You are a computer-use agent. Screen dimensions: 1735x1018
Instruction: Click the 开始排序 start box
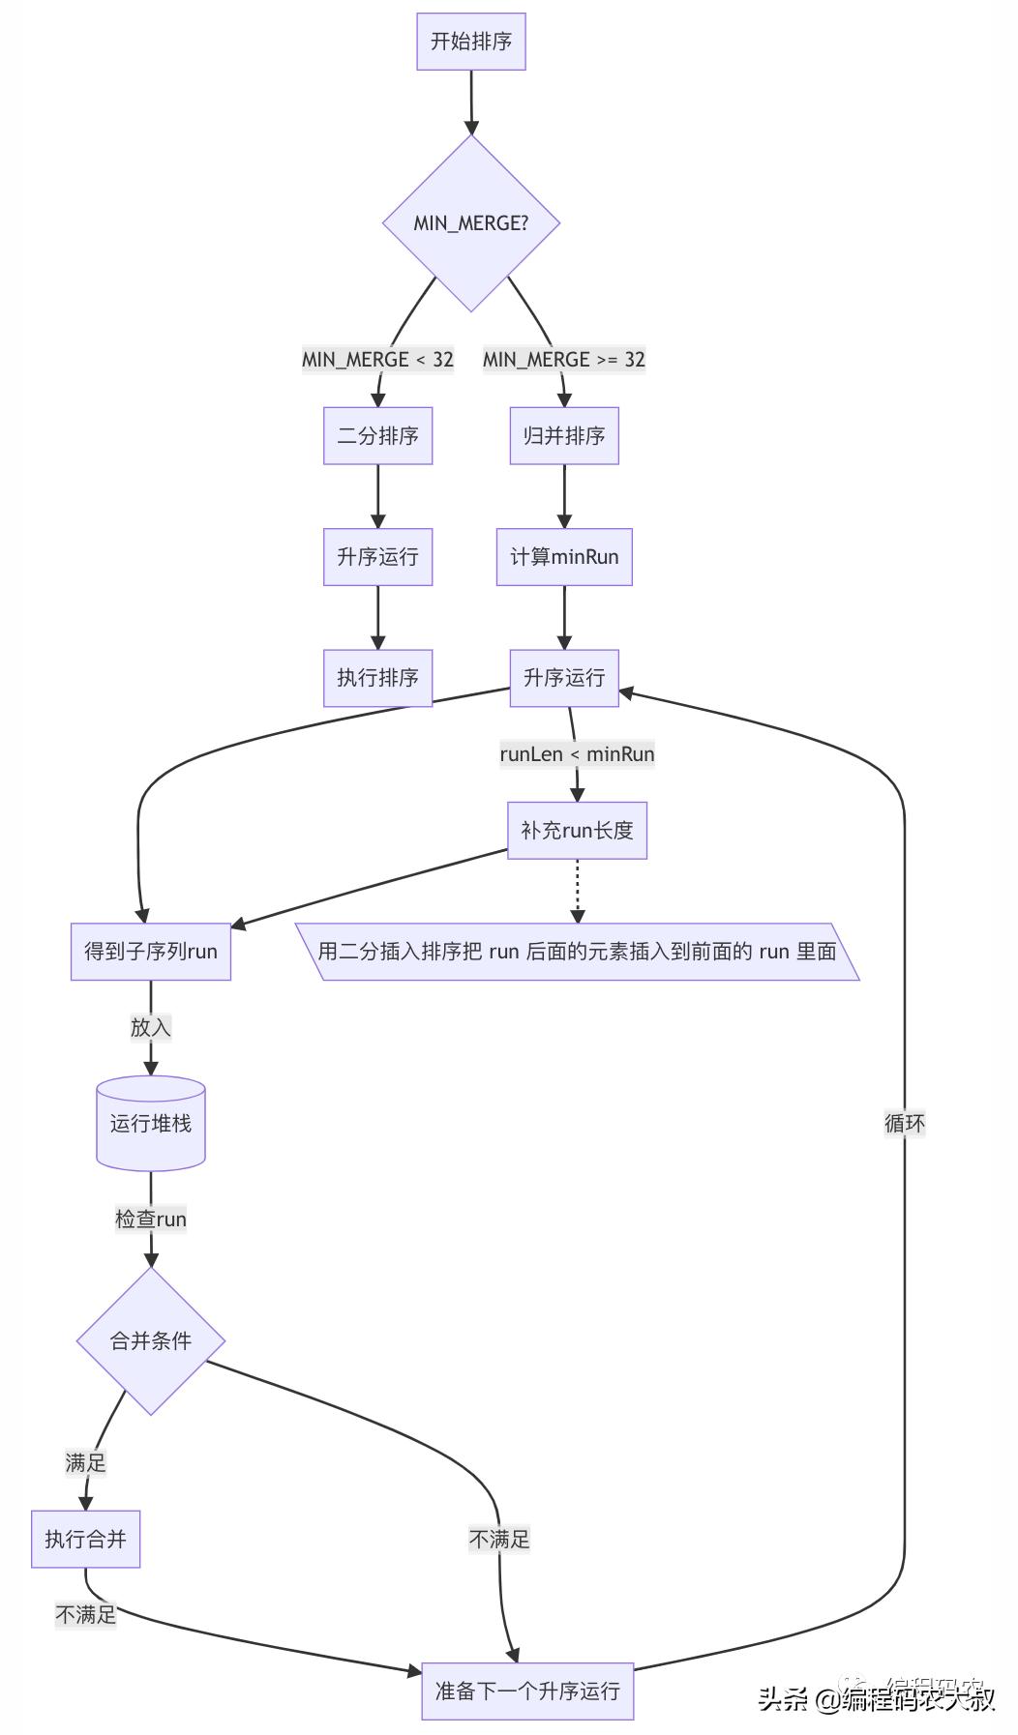[470, 42]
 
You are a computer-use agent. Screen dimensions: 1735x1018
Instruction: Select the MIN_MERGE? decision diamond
[470, 223]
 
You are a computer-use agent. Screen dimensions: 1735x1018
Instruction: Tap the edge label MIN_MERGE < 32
[377, 360]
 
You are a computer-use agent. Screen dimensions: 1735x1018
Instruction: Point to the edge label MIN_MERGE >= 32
[563, 360]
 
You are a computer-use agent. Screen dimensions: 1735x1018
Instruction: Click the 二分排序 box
[377, 436]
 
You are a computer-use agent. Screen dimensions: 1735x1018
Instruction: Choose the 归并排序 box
[564, 436]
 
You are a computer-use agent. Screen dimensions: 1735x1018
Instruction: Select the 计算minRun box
[564, 557]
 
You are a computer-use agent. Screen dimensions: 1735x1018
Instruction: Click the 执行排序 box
[377, 678]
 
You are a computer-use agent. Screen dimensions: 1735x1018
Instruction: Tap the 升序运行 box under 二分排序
[377, 557]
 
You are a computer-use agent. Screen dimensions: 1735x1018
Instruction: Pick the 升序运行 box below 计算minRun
[564, 678]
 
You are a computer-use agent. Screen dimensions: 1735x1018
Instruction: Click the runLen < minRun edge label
[577, 754]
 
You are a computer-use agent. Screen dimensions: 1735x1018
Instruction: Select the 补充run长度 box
[577, 831]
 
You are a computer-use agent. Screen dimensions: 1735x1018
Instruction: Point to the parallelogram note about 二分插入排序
[577, 952]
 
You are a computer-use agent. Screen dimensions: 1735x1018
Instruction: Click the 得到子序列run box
[150, 952]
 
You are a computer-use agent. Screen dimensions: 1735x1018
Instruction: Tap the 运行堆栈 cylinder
[150, 1124]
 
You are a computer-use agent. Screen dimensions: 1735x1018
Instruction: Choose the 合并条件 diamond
[150, 1341]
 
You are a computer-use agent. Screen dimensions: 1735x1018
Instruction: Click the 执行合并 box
[85, 1539]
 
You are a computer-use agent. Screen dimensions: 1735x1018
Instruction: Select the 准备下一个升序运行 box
[527, 1691]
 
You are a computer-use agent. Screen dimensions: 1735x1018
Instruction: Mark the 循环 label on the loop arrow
[904, 1124]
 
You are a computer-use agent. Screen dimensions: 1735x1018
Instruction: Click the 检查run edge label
[150, 1220]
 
